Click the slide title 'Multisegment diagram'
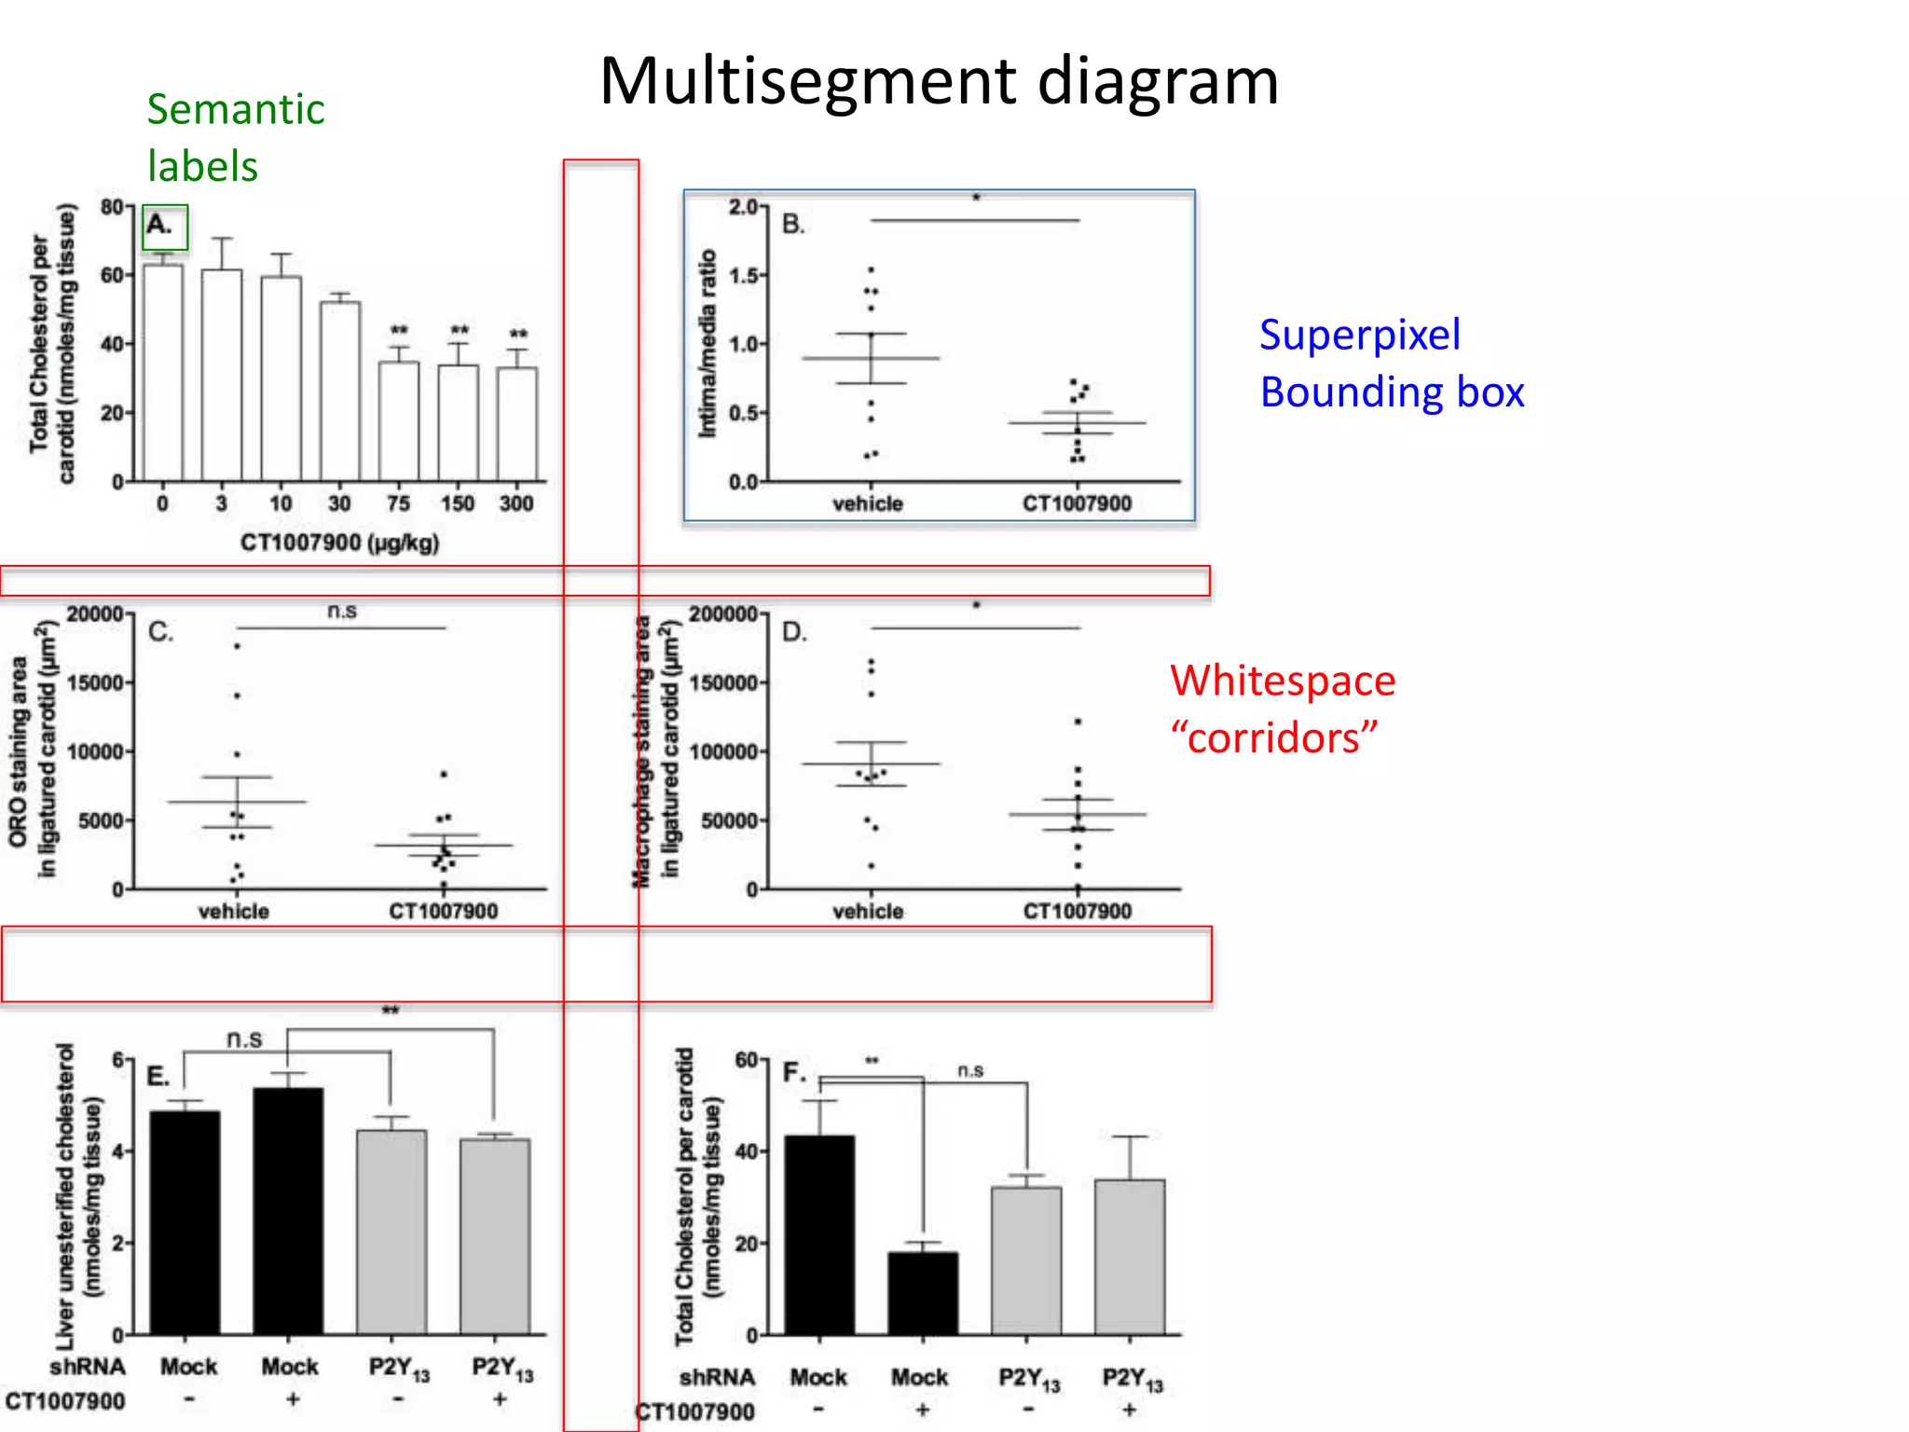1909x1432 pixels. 939,82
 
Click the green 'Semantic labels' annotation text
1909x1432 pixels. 235,138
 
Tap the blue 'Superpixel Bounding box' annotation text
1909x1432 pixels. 1391,364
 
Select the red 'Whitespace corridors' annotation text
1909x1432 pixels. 1283,709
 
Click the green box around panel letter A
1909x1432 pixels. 165,227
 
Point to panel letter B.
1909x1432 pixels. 793,225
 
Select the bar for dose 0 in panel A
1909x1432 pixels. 163,373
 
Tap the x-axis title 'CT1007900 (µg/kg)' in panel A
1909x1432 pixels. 339,543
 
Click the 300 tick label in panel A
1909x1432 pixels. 516,504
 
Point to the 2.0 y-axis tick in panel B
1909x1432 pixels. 744,207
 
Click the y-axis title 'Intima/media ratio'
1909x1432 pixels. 708,343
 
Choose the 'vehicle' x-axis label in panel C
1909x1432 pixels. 233,911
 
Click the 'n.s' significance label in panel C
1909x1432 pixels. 342,612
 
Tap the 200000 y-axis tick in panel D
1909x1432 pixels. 722,614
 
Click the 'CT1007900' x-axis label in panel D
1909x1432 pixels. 1078,911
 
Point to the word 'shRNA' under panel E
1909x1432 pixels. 88,1367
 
